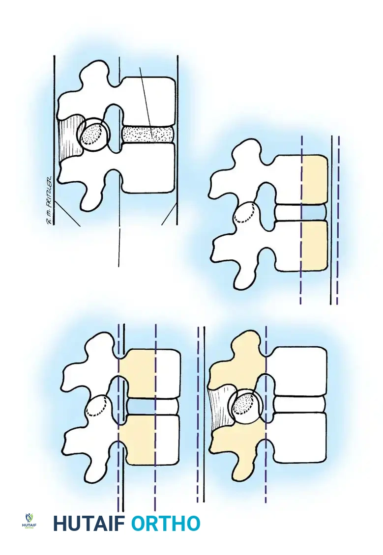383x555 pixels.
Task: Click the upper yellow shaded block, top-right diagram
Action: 314,179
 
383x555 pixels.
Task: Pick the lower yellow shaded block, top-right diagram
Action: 314,245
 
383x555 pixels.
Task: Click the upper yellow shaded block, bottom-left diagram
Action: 137,373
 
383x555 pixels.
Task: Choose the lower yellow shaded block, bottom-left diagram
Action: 137,440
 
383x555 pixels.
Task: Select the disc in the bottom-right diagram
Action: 299,404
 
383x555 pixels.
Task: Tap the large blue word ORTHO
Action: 166,524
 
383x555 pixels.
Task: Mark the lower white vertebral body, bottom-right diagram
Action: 299,437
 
